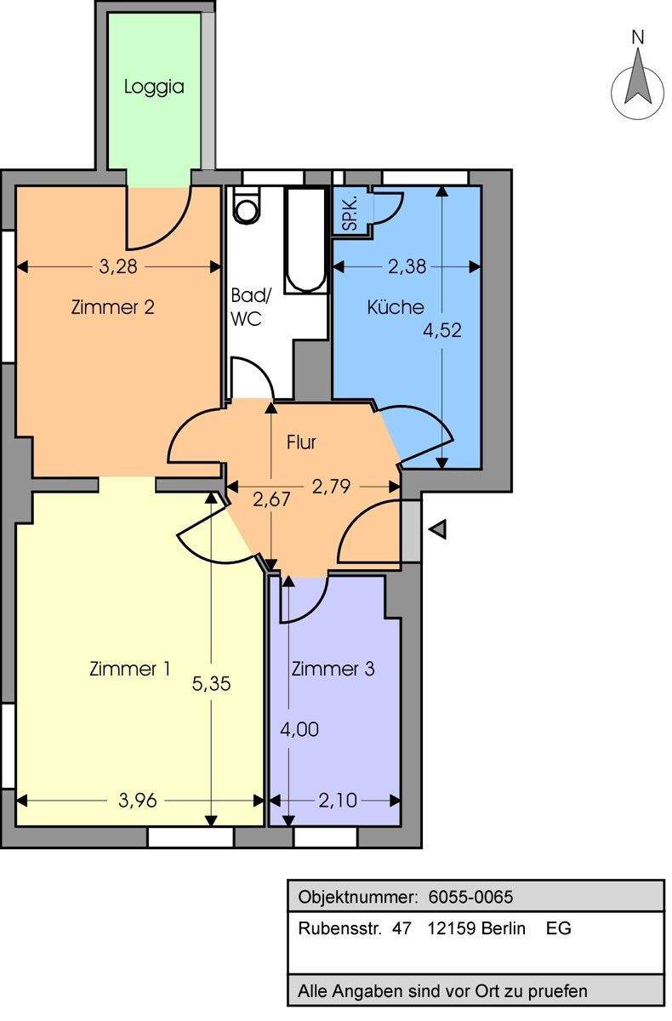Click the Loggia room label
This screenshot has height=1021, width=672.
pos(154,87)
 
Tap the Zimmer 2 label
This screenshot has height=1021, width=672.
pos(113,307)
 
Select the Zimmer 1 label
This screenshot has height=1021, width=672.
pos(130,669)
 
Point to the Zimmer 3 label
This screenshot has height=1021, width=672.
pos(333,669)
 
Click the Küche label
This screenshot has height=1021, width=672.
pos(396,307)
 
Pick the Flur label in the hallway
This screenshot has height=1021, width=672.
pos(301,442)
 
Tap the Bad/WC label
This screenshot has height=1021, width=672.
pos(250,307)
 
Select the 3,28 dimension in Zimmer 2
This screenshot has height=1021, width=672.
pos(118,266)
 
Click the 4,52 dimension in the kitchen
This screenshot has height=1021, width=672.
pos(442,330)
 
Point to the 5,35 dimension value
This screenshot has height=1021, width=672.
pos(212,684)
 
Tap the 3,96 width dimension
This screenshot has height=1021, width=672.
pos(138,801)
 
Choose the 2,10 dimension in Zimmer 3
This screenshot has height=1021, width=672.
pos(338,801)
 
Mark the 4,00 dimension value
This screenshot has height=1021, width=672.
pos(299,730)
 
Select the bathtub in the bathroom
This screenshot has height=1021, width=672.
pos(306,240)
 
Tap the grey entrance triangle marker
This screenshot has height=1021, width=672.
pos(439,528)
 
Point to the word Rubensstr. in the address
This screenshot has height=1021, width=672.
pos(340,928)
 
